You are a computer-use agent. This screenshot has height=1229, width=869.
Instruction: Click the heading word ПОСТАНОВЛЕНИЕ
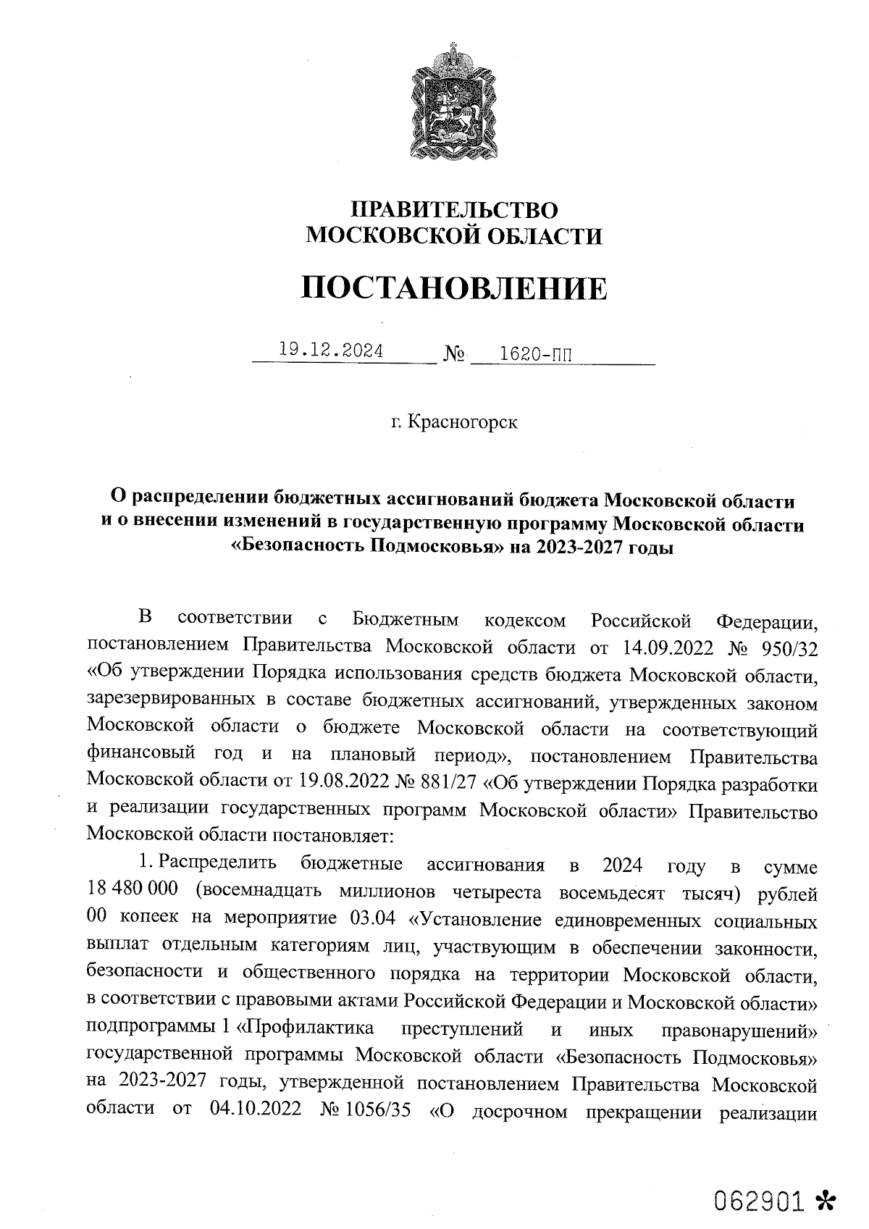point(454,288)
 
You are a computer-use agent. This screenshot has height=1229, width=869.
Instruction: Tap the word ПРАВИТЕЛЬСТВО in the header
point(454,210)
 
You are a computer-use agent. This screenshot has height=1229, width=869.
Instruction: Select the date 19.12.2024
point(331,351)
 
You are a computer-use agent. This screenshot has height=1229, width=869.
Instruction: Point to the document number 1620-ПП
point(530,354)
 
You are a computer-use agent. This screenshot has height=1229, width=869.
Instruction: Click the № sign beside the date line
point(453,355)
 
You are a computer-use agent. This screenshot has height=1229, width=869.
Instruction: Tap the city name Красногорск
point(463,421)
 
